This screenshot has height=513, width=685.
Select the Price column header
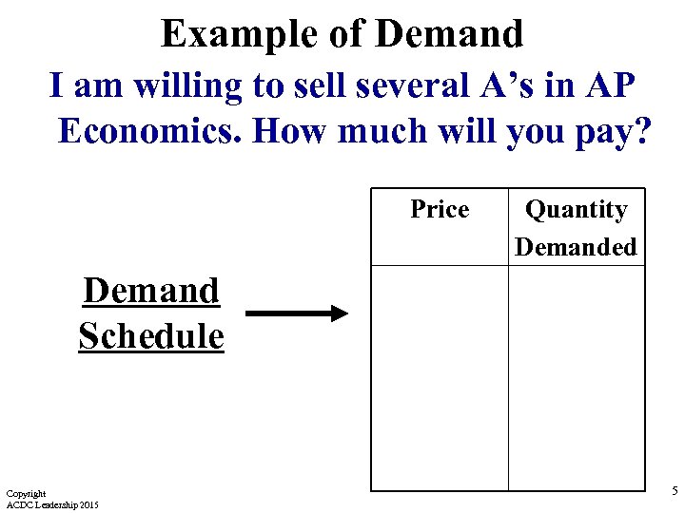tap(440, 209)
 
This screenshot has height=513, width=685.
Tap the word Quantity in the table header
tap(576, 210)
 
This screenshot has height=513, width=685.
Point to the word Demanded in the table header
tap(576, 247)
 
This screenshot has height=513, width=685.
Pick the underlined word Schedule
tap(151, 335)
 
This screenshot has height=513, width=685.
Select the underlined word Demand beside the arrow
tap(151, 291)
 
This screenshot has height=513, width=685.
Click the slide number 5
tap(675, 491)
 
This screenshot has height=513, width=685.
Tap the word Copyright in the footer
tap(26, 493)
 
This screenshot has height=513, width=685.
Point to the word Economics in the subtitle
tap(152, 131)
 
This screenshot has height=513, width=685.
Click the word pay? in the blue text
tap(610, 131)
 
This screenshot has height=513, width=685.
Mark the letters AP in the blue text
tap(613, 85)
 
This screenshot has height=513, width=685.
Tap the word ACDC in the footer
tap(19, 503)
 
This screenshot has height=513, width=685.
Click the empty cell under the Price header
tap(439, 377)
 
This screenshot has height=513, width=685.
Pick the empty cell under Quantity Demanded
tap(576, 377)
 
